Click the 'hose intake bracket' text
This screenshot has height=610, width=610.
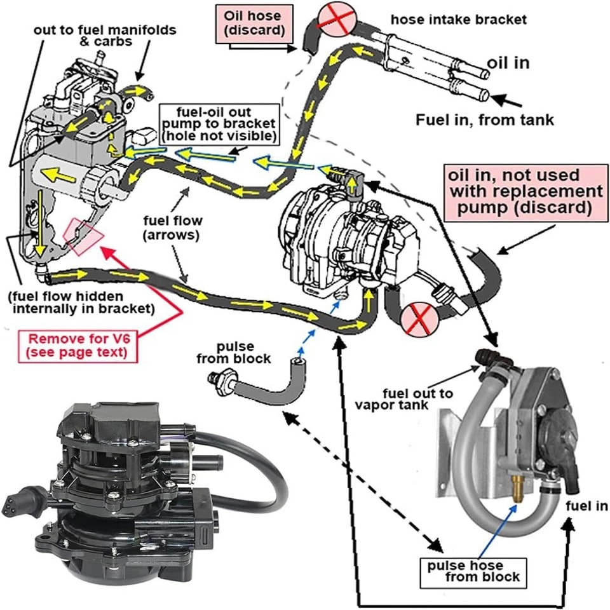458,20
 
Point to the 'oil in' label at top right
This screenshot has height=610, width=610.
508,63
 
